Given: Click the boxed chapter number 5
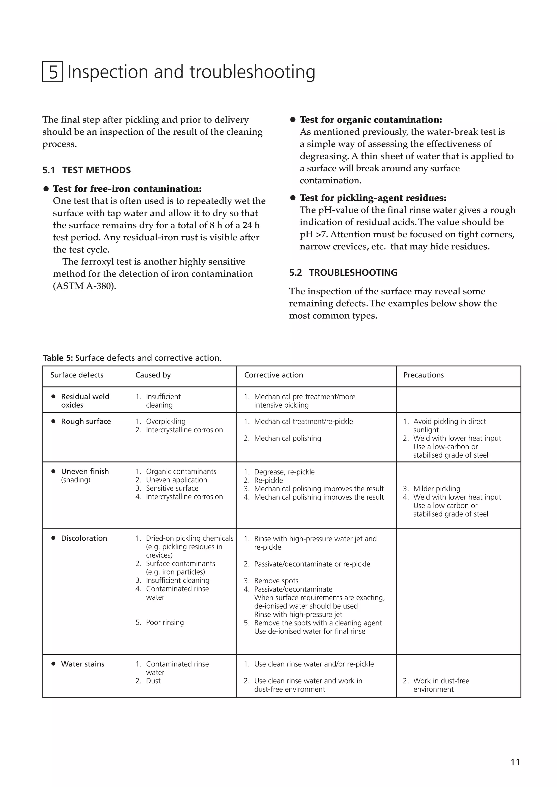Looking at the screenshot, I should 52,72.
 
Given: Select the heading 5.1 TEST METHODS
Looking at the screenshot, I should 86,170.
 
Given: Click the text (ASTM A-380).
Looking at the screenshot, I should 84,286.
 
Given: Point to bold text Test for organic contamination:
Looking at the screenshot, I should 371,120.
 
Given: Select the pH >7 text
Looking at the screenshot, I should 313,234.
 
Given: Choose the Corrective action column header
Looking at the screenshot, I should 274,375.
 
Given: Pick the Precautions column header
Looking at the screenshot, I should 423,375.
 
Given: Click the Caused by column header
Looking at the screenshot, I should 153,375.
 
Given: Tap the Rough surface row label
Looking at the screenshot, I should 86,421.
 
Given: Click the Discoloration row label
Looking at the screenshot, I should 84,538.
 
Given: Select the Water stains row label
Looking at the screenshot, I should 82,664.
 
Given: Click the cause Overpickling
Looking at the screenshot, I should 165,421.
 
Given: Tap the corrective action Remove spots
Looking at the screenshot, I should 276,581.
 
